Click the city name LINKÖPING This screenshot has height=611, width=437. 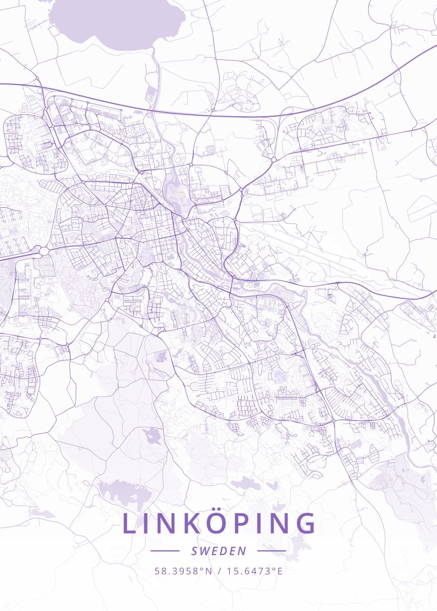(x=219, y=524)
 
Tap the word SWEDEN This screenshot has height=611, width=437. (x=219, y=551)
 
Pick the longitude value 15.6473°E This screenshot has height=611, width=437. (x=254, y=571)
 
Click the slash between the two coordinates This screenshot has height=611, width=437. (x=219, y=571)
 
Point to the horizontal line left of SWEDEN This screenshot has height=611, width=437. (x=165, y=551)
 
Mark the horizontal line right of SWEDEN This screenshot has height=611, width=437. (x=272, y=551)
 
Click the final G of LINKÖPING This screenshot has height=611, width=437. (x=305, y=524)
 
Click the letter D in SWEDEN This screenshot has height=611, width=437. (x=223, y=551)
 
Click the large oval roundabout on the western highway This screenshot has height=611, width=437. (x=43, y=251)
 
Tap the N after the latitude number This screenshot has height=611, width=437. (x=208, y=571)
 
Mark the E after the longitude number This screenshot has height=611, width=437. (x=279, y=571)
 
